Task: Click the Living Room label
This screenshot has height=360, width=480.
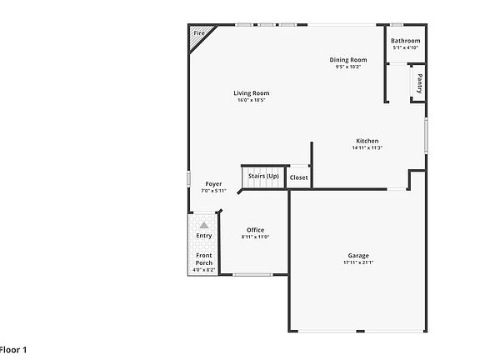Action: pos(251,92)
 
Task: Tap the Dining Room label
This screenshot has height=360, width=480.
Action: pos(348,59)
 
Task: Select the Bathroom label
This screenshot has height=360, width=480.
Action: pos(406,40)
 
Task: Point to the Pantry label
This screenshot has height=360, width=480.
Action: pos(419,83)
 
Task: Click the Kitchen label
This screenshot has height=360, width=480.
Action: pos(367,141)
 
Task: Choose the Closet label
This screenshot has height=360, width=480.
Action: pos(298,177)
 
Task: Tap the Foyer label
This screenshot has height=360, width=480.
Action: pos(214,183)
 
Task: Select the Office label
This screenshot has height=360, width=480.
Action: pos(255,230)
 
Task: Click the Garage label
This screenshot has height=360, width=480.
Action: pos(358,255)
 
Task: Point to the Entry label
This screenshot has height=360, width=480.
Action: pos(204,236)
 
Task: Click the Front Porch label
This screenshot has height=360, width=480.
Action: pos(204,259)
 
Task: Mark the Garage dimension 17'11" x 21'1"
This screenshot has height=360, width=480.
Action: pos(358,262)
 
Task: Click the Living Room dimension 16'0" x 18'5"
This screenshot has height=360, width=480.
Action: pos(251,100)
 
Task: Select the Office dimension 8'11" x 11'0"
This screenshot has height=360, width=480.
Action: pos(255,237)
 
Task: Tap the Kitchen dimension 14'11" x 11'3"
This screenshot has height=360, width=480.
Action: pos(367,148)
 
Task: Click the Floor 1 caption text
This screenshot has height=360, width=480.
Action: pos(13,349)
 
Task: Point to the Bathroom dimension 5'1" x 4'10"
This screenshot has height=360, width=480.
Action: pos(406,47)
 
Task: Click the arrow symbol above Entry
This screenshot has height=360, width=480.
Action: pos(204,225)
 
